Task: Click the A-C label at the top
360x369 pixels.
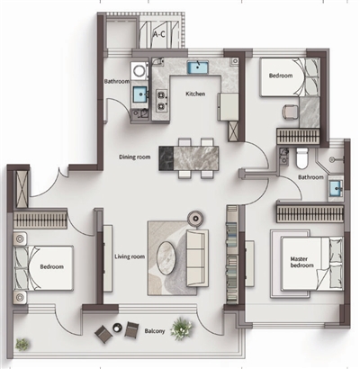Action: point(159,34)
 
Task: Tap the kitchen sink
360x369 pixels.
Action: point(198,67)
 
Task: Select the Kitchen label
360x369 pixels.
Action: point(195,94)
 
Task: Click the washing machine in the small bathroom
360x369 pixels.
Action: point(139,71)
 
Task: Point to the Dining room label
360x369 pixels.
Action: point(135,157)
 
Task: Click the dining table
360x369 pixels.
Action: point(189,158)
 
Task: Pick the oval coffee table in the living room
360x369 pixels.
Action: point(166,257)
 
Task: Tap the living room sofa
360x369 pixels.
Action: point(197,258)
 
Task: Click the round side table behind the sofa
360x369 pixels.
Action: point(196,218)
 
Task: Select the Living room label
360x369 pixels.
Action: point(130,256)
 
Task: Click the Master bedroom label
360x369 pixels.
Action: point(301,262)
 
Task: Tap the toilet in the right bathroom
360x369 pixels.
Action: point(302,157)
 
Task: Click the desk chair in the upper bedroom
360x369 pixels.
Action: point(290,112)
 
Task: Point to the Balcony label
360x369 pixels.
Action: point(155,331)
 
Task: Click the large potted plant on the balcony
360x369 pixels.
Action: point(182,328)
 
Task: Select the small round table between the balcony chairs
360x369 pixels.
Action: point(117,328)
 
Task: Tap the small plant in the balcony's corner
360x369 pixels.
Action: point(22,345)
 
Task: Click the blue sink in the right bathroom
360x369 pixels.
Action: point(336,189)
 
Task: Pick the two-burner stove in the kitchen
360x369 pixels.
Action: point(162,100)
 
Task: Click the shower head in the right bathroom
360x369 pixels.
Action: point(332,160)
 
